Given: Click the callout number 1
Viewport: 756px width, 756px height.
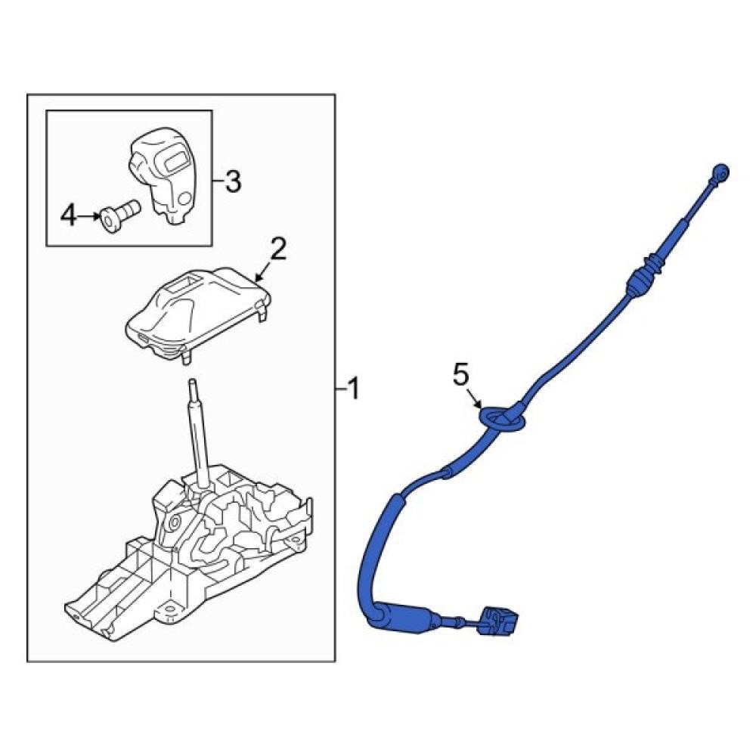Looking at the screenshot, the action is (354, 389).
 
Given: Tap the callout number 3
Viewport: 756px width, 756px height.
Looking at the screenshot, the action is (234, 181).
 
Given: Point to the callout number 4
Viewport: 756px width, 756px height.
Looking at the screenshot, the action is (69, 215).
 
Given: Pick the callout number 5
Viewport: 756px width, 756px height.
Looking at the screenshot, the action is (461, 375).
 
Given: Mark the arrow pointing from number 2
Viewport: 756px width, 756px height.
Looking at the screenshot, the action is (264, 273).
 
